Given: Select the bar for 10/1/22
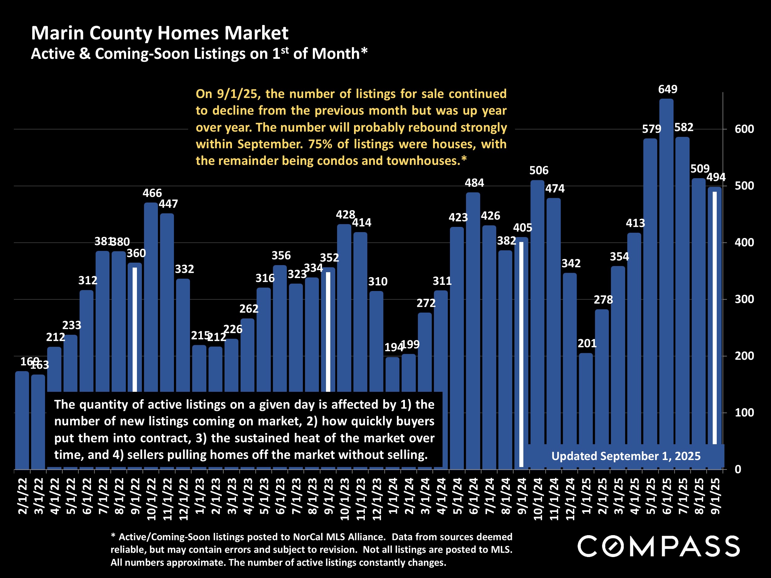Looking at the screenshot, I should pos(151,296).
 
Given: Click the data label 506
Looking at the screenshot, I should pos(538,170).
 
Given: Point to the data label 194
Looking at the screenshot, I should pos(394,347).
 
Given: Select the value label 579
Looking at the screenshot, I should pos(651,129).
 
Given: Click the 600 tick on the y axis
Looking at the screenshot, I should pos(744,129).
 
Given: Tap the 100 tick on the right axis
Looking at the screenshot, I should pos(744,413).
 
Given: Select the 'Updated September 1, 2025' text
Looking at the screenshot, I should pos(626,456).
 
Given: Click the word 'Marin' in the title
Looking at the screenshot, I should pos(57,33).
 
